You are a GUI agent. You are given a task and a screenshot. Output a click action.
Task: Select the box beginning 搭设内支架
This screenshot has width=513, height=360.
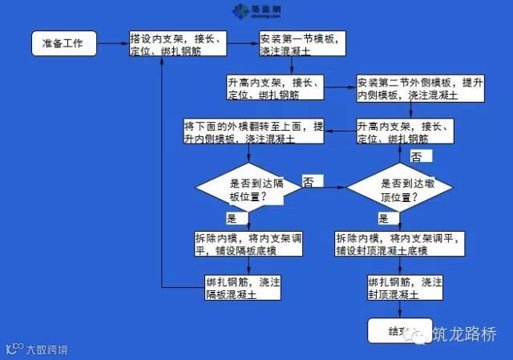point(187,44)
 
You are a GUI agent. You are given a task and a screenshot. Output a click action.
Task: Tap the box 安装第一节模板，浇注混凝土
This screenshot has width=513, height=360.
point(303,43)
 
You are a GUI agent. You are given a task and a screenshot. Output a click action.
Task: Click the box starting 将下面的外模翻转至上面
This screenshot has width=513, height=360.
point(243,132)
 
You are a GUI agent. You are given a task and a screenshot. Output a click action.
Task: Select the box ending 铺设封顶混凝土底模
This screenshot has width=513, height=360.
point(399,245)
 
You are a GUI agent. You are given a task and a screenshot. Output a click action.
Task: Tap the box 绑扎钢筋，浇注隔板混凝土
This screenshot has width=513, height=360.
point(243,288)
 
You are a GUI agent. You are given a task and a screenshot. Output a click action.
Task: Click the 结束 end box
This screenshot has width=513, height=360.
point(398,330)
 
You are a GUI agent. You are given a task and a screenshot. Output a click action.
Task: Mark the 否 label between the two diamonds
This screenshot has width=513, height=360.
point(308,183)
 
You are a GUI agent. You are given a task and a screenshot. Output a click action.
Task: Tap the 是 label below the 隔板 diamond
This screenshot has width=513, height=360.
point(232,218)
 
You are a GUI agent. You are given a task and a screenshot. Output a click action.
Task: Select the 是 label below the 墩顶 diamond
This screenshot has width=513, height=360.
point(383,218)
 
